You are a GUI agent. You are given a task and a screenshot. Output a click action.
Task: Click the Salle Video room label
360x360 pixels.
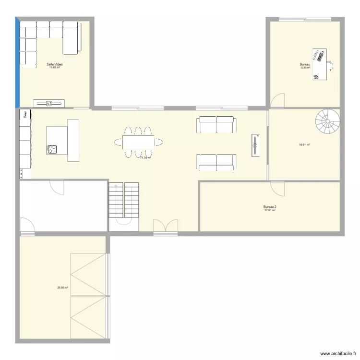[x=54, y=64]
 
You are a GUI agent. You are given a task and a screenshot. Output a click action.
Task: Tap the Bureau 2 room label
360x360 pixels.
[x=270, y=207]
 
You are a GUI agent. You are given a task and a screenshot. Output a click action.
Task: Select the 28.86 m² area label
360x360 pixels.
[x=62, y=288]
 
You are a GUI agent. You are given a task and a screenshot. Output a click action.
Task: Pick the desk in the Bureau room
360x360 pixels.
[x=320, y=64]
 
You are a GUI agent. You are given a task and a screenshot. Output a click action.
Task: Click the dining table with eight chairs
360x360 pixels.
[x=138, y=142]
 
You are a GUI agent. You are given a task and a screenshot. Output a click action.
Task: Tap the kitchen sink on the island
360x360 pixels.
[x=52, y=149]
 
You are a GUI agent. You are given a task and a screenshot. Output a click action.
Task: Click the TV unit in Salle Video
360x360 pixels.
[x=48, y=103]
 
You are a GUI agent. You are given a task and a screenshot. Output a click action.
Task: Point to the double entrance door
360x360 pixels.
[x=166, y=227]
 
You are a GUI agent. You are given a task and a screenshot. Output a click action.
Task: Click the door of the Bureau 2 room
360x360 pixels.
[x=277, y=188]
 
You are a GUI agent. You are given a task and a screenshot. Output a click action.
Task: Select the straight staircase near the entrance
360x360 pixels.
[x=124, y=202]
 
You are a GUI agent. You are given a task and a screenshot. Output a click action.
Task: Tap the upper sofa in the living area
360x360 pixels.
[x=216, y=125]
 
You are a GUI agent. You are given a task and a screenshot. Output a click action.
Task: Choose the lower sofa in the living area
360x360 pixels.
[x=216, y=162]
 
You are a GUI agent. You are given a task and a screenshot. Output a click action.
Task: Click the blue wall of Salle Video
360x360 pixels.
[x=18, y=62]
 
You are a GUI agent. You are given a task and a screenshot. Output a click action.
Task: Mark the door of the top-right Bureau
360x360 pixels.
[x=277, y=100]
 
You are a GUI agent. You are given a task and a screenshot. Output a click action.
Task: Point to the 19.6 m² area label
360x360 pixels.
[x=305, y=68]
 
